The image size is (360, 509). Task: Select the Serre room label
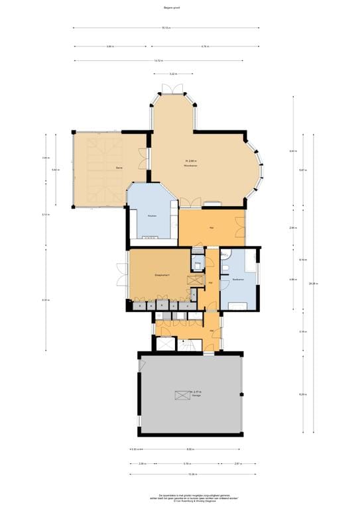pos(119,169)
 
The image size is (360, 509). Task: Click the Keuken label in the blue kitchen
pos(151,215)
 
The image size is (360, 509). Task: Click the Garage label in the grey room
pos(196,396)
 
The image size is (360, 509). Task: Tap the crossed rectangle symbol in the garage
pos(182,395)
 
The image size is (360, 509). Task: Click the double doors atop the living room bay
pos(173,89)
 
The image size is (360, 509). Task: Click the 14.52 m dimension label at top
pos(158,60)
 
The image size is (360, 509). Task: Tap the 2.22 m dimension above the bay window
pos(173,74)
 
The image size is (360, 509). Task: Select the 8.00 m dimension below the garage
pos(189,449)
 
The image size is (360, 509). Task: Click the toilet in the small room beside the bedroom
pos(197,264)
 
